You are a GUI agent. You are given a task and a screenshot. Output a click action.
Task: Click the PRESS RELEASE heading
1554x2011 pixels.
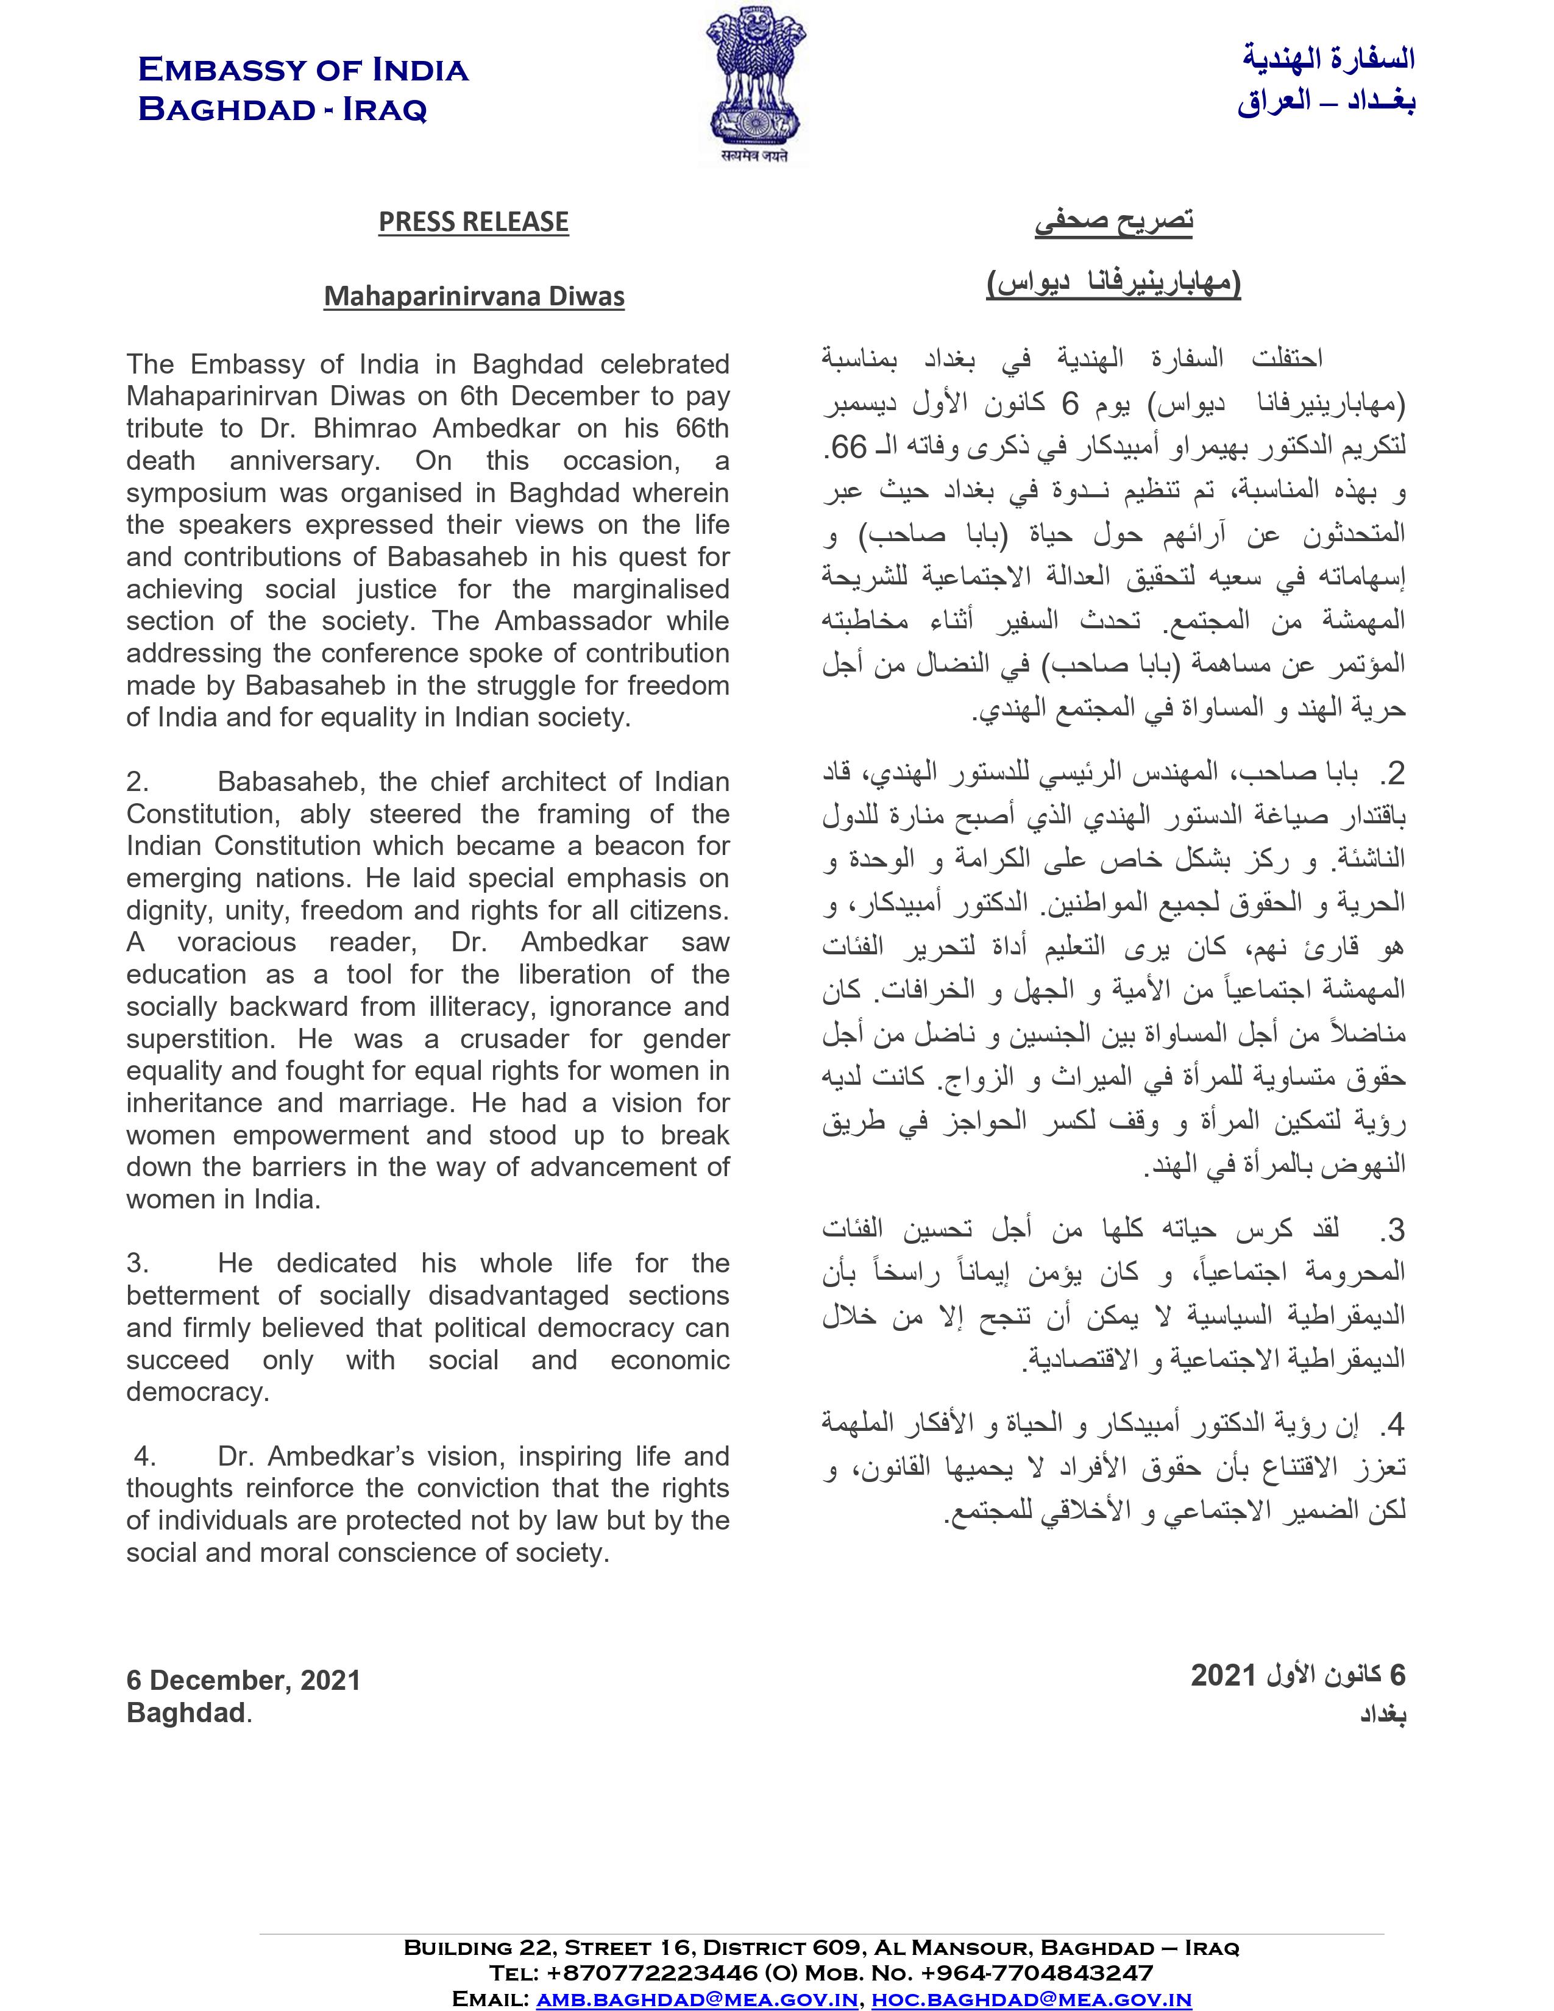point(473,222)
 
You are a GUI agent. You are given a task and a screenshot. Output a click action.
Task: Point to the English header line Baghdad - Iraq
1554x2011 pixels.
point(283,110)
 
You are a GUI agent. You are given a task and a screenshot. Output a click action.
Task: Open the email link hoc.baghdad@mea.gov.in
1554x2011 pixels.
point(1031,1999)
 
